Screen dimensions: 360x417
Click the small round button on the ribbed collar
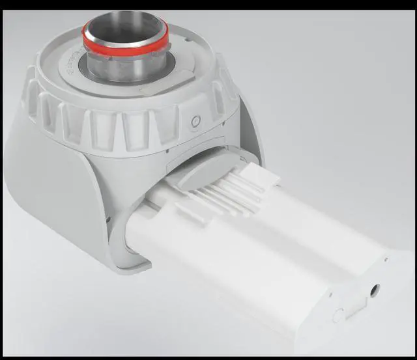(194, 122)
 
